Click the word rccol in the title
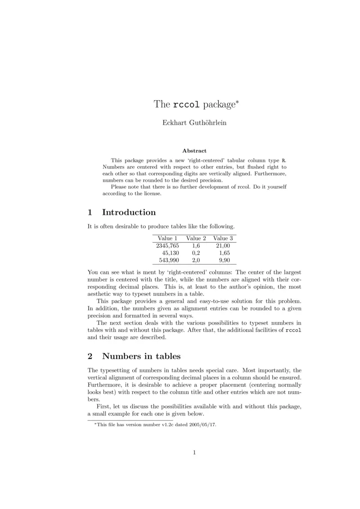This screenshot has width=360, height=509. (187, 105)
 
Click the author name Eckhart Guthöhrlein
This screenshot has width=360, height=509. (194, 123)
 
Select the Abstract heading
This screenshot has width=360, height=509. (194, 151)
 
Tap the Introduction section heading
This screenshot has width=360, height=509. (129, 212)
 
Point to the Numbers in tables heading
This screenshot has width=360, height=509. (141, 356)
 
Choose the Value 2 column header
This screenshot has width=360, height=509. (196, 238)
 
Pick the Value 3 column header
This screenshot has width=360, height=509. (223, 238)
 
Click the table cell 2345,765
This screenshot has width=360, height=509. (167, 246)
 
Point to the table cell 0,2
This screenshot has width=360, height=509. (196, 253)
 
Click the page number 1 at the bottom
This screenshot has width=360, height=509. (194, 452)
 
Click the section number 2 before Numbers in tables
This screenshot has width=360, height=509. (90, 356)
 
